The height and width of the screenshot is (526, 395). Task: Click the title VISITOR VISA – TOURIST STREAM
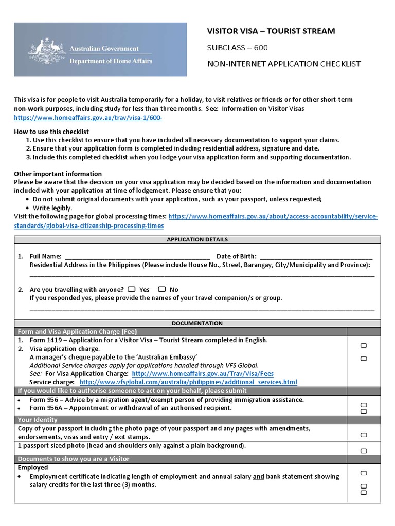click(271, 31)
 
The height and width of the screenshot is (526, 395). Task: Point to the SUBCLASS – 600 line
click(237, 48)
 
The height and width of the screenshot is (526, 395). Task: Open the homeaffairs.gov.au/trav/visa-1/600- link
click(88, 118)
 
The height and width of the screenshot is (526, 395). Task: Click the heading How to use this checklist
click(51, 132)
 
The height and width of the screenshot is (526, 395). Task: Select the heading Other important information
click(58, 174)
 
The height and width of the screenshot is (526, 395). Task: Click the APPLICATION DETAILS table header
click(197, 240)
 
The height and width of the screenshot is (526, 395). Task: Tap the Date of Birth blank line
click(316, 257)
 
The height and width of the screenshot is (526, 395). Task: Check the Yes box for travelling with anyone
click(132, 289)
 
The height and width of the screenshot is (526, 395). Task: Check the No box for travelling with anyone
click(162, 289)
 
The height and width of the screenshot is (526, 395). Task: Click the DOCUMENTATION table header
click(197, 323)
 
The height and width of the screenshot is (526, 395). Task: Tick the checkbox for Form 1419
click(364, 346)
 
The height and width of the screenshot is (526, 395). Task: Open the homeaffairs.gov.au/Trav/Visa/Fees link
click(203, 374)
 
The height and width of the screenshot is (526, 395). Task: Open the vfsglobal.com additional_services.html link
click(188, 382)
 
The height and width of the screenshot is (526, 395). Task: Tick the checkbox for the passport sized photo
click(364, 451)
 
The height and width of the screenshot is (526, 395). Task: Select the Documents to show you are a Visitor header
click(74, 459)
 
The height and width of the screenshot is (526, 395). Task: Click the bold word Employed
click(33, 467)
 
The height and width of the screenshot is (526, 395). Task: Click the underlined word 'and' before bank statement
click(258, 477)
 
